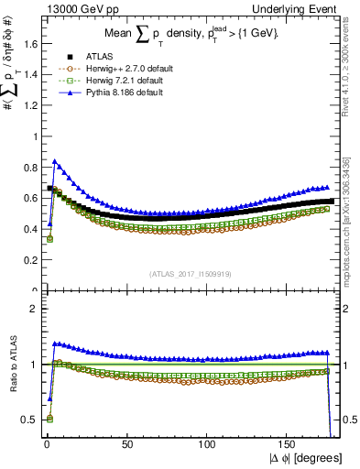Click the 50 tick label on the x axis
point(126,443)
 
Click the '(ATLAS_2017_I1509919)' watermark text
point(191,273)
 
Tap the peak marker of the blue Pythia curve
point(55,161)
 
